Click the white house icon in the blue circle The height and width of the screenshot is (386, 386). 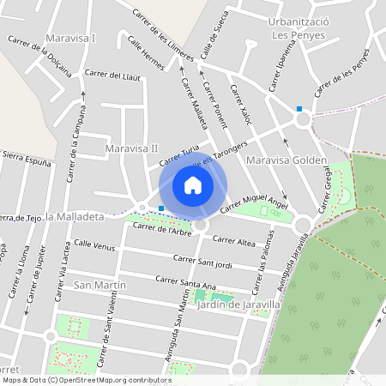193,184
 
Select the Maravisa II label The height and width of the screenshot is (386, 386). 131,148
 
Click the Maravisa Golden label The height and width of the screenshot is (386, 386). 286,160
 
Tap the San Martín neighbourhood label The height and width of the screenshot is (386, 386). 100,285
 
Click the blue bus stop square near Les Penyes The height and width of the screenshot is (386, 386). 299,108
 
